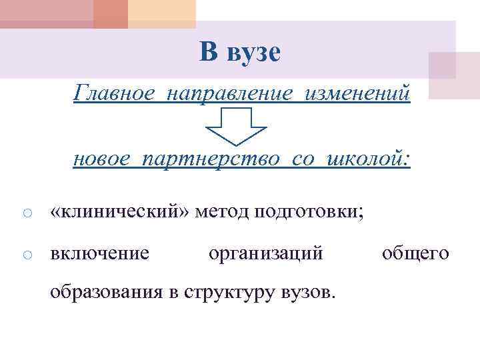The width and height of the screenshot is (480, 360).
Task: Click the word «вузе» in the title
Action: coord(254,53)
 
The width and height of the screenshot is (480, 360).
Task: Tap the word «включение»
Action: coord(100,253)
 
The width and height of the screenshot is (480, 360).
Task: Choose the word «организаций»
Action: coord(266,253)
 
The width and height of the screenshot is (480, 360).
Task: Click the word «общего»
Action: coord(415,253)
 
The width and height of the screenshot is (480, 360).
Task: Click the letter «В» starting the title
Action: coord(209,51)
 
